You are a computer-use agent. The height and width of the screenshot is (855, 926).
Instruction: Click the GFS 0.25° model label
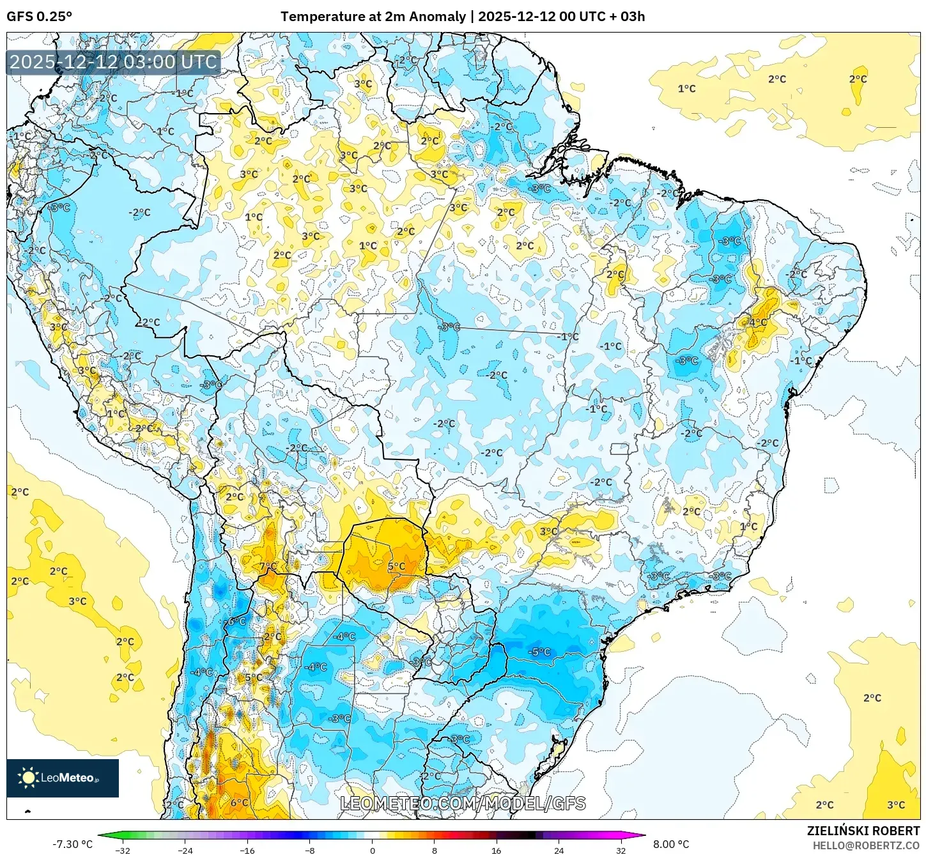click(x=40, y=17)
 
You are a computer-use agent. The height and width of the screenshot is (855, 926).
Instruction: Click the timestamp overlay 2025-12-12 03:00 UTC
click(x=113, y=62)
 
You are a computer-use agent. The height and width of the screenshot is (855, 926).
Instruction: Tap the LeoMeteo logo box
click(x=63, y=778)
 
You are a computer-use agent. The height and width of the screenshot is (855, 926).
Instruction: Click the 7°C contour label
click(x=268, y=567)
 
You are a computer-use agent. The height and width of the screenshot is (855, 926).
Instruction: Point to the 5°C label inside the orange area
click(x=396, y=566)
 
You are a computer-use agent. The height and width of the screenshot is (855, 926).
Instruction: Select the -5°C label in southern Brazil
click(x=539, y=652)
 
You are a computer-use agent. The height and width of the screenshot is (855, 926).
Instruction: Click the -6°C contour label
click(x=236, y=622)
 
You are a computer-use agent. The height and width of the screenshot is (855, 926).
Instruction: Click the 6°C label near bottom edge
click(x=239, y=803)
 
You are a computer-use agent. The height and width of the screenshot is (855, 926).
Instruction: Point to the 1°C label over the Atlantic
click(x=686, y=89)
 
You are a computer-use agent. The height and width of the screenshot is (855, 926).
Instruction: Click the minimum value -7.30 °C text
click(x=72, y=844)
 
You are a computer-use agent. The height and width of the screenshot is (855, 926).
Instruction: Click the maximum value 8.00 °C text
click(x=670, y=844)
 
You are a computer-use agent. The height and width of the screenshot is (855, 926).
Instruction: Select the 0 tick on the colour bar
click(x=372, y=851)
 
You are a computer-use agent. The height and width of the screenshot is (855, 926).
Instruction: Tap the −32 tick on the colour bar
click(x=122, y=851)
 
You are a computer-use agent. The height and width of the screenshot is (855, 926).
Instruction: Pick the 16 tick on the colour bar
click(x=497, y=851)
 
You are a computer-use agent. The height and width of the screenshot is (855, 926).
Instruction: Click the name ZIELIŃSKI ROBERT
click(x=863, y=831)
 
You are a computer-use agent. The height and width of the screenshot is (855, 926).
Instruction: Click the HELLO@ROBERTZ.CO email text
click(x=865, y=845)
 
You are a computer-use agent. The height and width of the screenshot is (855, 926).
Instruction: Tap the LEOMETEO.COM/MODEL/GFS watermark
click(x=463, y=803)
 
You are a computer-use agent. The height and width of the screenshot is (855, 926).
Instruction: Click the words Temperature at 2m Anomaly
click(x=373, y=17)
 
